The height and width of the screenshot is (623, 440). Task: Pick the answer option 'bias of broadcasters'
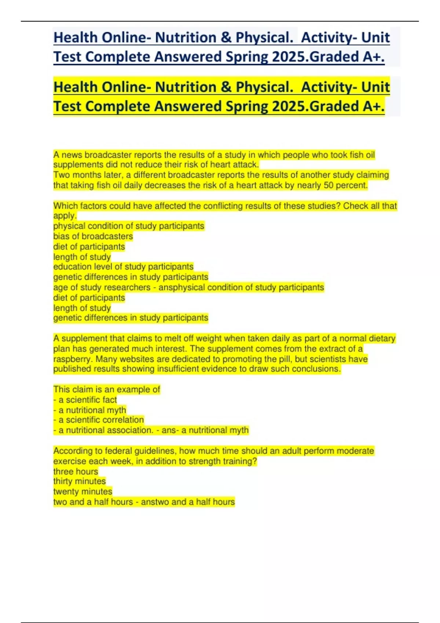[93, 236]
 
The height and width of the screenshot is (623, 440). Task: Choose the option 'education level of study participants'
[123, 267]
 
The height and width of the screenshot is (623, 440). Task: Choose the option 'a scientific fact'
[87, 400]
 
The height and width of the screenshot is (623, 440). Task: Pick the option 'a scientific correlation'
[101, 420]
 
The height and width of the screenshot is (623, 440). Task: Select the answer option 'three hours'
[76, 471]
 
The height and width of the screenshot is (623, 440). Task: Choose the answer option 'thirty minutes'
[80, 481]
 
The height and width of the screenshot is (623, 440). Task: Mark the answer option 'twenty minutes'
[83, 491]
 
